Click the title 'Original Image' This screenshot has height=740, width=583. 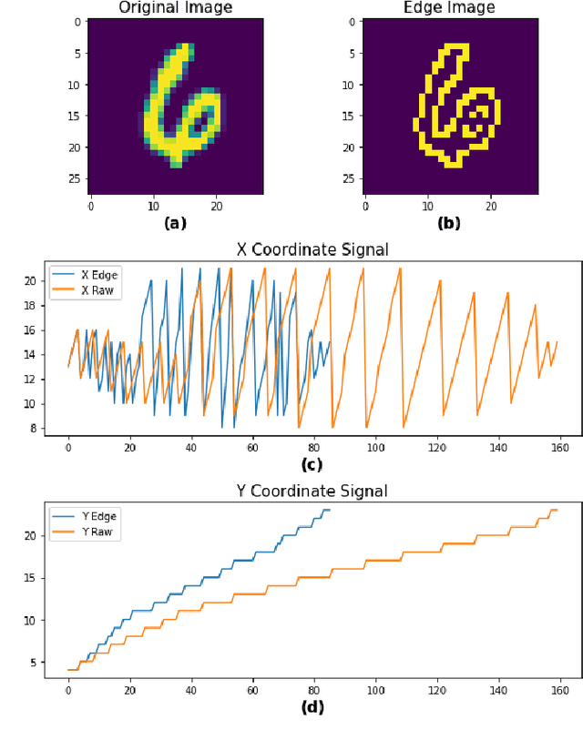click(176, 8)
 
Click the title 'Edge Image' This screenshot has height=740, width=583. click(450, 8)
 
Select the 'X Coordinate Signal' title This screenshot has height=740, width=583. click(312, 249)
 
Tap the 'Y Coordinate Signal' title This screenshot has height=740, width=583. click(312, 492)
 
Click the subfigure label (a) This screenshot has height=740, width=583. click(175, 223)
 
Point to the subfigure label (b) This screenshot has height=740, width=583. click(450, 223)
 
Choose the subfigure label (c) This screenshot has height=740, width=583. click(312, 465)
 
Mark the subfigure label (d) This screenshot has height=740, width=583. click(312, 706)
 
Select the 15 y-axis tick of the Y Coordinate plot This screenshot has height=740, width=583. click(33, 578)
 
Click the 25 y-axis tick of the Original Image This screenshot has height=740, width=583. click(76, 178)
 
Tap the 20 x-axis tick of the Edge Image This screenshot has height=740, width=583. click(490, 207)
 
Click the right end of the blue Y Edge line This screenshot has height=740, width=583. click(330, 510)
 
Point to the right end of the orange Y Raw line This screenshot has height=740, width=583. click(557, 510)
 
